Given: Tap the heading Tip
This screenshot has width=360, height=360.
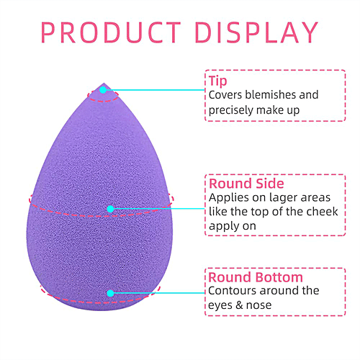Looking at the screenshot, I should click(217, 81).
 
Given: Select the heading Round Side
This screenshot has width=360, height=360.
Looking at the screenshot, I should click(246, 184).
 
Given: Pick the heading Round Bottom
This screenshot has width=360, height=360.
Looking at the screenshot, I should click(255, 276).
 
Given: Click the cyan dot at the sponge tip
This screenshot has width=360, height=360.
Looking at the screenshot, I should click(104, 90).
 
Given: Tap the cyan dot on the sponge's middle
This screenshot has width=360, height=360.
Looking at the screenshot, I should click(110, 209).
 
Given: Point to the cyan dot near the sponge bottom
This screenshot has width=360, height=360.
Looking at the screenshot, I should click(110, 293).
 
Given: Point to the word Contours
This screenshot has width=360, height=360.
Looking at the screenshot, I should click(232, 291).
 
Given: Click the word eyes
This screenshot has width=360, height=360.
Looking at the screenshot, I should click(222, 305).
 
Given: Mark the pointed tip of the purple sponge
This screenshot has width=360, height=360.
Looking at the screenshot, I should click(104, 84).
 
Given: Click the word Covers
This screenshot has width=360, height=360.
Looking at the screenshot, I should click(225, 95).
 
